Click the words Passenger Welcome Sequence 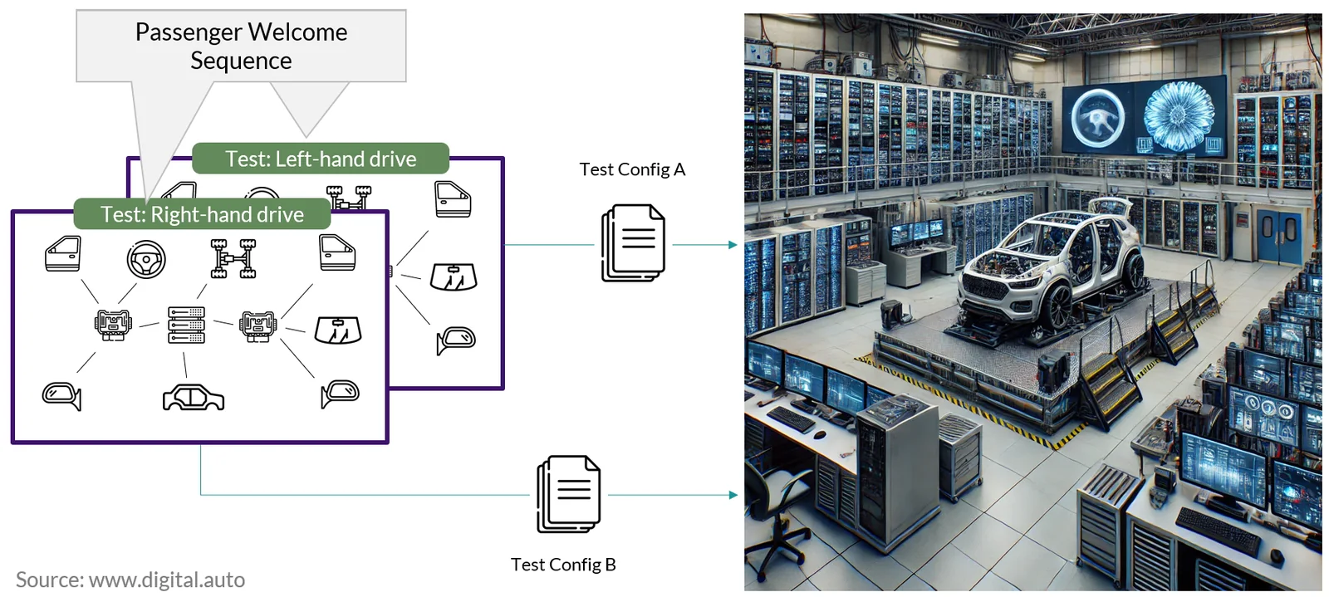point(241,46)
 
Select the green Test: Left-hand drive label point(321,159)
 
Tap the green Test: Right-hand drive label point(202,214)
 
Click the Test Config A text point(632,169)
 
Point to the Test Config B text point(563,565)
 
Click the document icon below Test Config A point(633,242)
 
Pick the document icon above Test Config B point(568,494)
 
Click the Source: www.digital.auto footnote point(130,580)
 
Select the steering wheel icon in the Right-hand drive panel point(146,259)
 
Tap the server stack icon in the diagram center point(186,325)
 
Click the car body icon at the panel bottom point(194,397)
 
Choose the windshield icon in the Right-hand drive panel point(337,330)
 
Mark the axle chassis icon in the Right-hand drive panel point(233,258)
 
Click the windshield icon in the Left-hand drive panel point(454,276)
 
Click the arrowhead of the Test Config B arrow point(733,494)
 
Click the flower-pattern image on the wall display point(1179,116)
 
